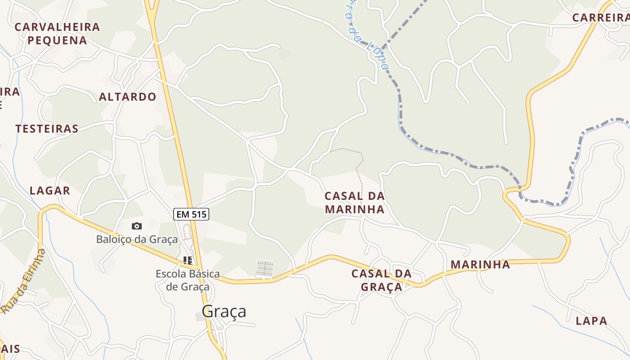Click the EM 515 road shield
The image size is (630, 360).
coord(191,215)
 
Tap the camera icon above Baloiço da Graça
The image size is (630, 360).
coord(137,226)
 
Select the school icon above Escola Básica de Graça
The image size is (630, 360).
coord(188,260)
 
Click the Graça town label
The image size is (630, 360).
coord(224,311)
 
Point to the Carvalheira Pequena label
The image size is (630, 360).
coord(57,33)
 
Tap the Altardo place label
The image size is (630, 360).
coord(127,97)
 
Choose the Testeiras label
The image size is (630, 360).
coord(47,129)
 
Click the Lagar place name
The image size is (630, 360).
coord(50,190)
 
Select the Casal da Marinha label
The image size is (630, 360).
coord(355,202)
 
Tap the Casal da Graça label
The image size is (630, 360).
coord(382,280)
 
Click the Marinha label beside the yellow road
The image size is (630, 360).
coord(480,264)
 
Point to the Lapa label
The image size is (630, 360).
coord(591,321)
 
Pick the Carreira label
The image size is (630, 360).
coord(600,18)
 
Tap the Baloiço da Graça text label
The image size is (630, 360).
coord(137,239)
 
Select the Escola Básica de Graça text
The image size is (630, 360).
coord(188,280)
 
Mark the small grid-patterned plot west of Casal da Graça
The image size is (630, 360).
coord(265,268)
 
